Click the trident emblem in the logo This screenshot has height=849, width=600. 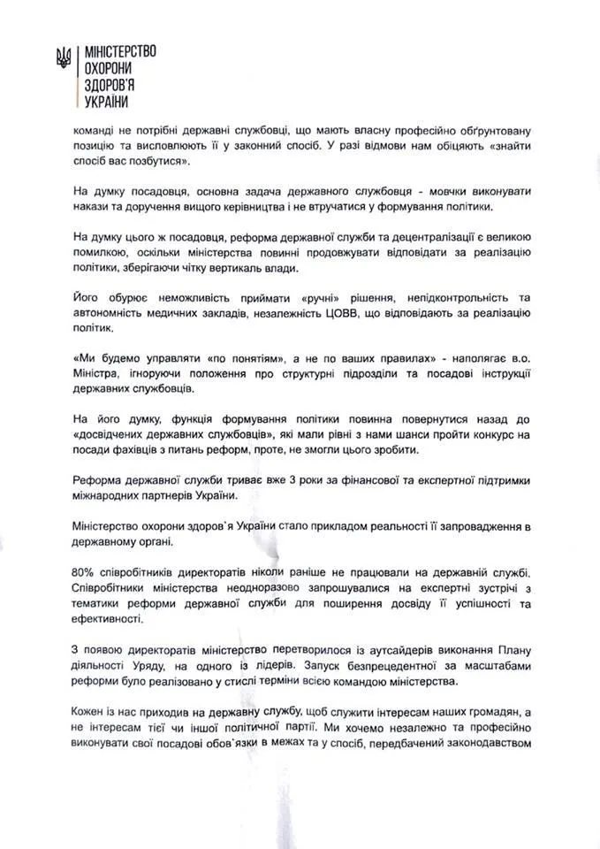coord(62,59)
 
